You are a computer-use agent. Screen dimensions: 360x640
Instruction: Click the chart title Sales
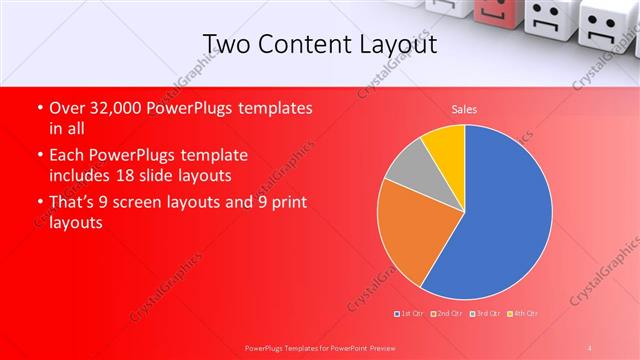click(464, 108)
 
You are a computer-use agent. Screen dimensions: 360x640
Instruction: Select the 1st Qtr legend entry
click(409, 313)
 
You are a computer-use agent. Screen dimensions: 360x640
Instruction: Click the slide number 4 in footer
click(590, 346)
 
